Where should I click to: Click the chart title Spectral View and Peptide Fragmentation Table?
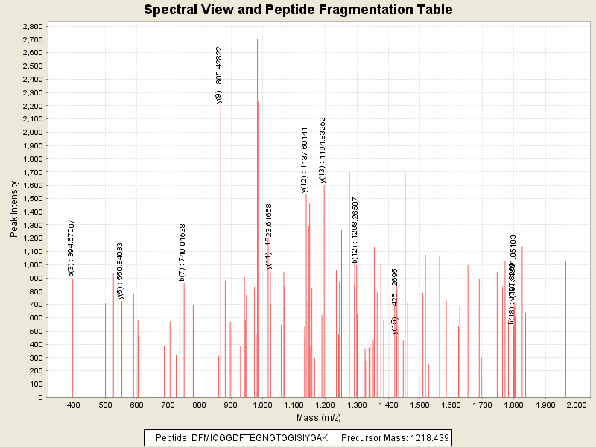tap(298, 10)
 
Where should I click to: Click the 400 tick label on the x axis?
tap(73, 405)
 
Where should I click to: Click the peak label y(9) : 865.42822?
tap(219, 74)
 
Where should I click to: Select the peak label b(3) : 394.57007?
tap(72, 248)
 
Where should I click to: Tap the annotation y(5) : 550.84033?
tap(120, 270)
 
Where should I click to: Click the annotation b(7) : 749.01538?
tap(183, 252)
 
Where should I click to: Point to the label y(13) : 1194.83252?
tap(323, 149)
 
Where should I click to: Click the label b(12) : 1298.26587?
tap(355, 229)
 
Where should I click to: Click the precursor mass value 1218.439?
tap(425, 437)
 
